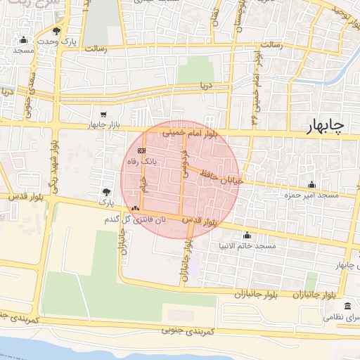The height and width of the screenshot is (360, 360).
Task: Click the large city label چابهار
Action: pyautogui.click(x=326, y=127)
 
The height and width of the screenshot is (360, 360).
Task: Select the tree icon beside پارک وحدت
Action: pyautogui.click(x=56, y=32)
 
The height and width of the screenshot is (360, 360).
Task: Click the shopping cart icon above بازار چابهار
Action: pyautogui.click(x=104, y=114)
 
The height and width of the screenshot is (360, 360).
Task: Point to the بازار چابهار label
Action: pyautogui.click(x=105, y=125)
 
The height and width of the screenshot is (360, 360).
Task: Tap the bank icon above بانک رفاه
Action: pyautogui.click(x=141, y=150)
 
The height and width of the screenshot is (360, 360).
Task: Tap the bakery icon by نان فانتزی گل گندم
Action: pyautogui.click(x=135, y=208)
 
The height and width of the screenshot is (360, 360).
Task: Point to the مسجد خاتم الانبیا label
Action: pyautogui.click(x=247, y=246)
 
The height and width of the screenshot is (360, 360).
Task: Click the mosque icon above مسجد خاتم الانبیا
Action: pyautogui.click(x=247, y=235)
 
